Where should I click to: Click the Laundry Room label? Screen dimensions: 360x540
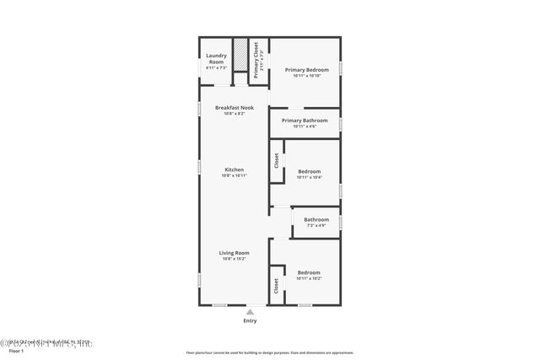[216, 59]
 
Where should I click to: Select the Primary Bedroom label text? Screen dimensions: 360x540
[305, 70]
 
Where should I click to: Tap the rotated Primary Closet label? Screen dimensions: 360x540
[256, 58]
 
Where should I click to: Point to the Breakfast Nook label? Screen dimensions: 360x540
[233, 107]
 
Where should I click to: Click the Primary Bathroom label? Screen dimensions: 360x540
[305, 121]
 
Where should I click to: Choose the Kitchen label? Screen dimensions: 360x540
[234, 169]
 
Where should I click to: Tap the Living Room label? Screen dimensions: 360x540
[234, 253]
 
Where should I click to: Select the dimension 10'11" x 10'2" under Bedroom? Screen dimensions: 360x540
[309, 278]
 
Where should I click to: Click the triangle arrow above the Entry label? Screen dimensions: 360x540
[249, 311]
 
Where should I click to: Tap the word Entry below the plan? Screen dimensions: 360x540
[250, 321]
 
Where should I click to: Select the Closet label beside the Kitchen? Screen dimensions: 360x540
[276, 160]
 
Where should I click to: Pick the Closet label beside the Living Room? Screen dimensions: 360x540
[276, 287]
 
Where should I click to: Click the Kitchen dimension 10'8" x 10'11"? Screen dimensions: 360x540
[234, 175]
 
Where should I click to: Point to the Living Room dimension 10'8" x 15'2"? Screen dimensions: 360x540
[234, 259]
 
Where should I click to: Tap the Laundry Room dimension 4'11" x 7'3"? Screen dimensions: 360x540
[216, 68]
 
